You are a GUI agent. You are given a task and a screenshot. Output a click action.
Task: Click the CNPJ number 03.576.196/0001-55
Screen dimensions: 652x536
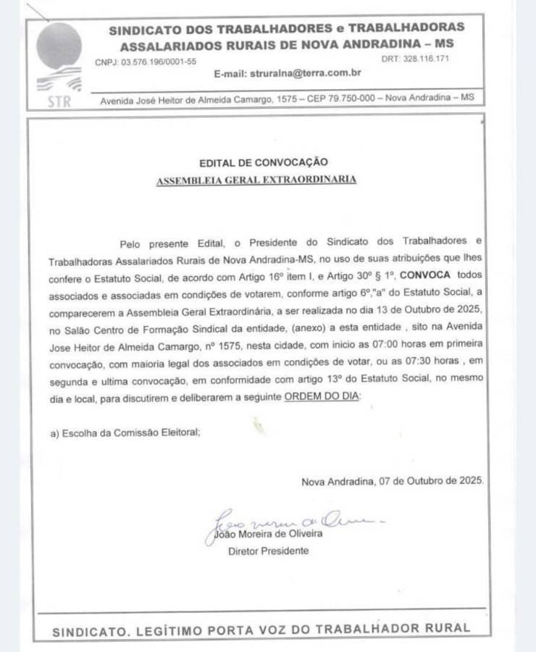(x=159, y=62)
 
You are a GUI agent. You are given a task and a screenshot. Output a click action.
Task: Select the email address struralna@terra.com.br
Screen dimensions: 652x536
(x=306, y=74)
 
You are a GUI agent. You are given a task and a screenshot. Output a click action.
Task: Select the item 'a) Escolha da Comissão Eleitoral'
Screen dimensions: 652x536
(x=125, y=432)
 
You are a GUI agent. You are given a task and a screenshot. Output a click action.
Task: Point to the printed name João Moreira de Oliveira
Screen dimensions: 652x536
(x=269, y=534)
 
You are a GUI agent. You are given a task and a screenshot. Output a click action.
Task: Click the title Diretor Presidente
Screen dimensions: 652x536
(x=268, y=551)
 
